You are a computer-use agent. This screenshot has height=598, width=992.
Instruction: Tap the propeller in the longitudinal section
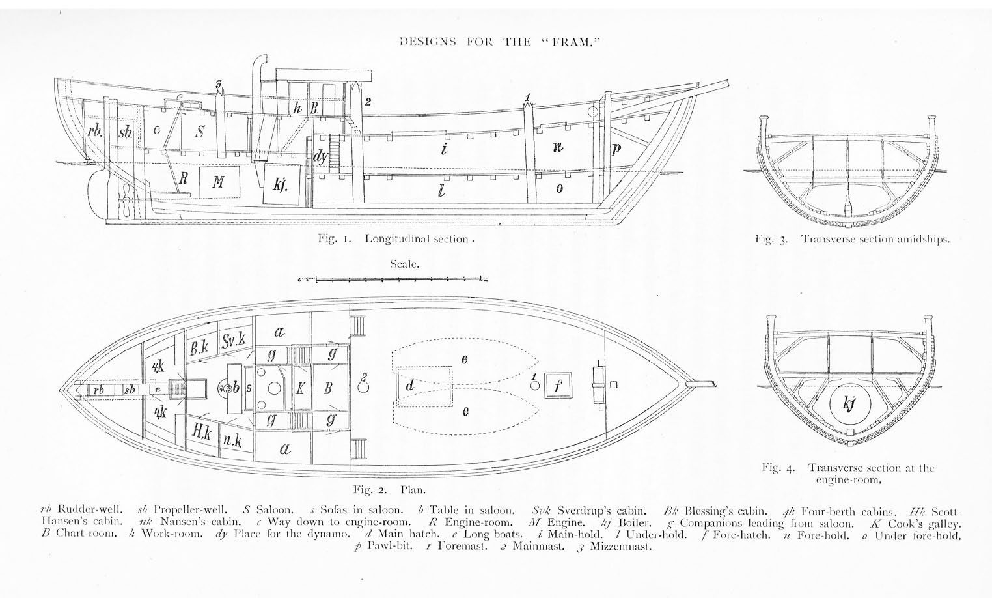pos(125,201)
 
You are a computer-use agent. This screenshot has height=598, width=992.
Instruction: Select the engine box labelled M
pos(217,182)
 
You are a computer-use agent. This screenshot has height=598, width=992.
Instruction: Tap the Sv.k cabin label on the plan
pos(234,341)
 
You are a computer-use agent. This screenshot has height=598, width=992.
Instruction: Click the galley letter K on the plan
pos(300,388)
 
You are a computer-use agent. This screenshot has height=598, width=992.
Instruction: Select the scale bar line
pos(391,280)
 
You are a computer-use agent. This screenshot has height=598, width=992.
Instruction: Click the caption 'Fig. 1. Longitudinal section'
pos(394,239)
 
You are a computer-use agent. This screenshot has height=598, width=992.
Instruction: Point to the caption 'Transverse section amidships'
pos(875,239)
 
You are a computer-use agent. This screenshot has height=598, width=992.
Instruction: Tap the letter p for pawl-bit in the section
pos(616,149)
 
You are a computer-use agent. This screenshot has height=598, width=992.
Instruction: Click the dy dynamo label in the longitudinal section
pos(320,157)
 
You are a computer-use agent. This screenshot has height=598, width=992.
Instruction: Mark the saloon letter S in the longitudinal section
pos(200,132)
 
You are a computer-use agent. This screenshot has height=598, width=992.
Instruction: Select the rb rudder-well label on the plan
pos(98,390)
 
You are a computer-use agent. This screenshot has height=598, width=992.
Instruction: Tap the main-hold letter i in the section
pos(444,149)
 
